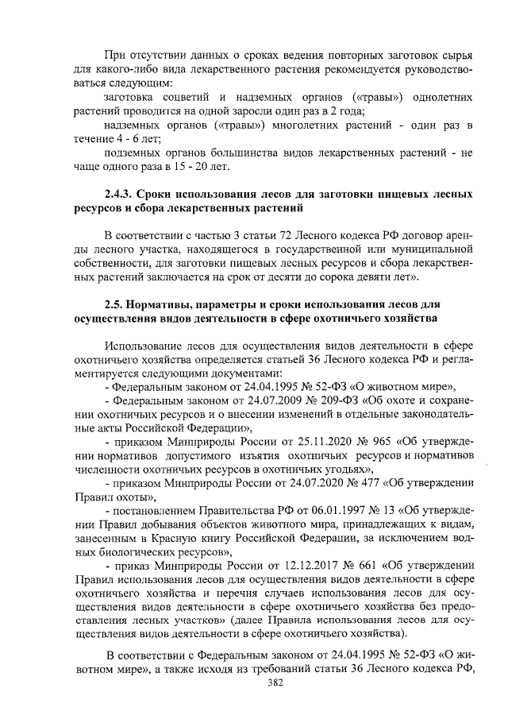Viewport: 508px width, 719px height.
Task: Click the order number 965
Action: [x=364, y=442]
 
